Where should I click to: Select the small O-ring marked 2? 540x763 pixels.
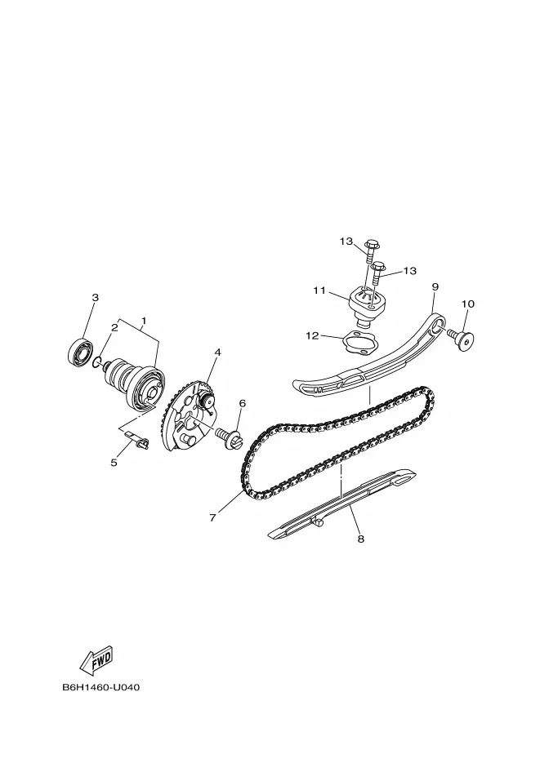(x=96, y=362)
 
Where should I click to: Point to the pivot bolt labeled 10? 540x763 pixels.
(x=461, y=339)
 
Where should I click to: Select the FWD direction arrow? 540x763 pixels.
(x=96, y=659)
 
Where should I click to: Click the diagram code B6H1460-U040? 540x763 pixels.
(x=100, y=688)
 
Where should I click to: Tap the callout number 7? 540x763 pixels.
(x=212, y=518)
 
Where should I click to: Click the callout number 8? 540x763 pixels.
(x=360, y=539)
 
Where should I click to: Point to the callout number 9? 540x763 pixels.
(x=435, y=286)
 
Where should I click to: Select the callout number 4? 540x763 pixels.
(x=217, y=352)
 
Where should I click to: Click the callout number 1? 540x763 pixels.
(x=144, y=321)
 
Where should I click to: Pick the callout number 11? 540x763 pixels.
(x=319, y=291)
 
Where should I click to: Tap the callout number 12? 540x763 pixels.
(x=312, y=335)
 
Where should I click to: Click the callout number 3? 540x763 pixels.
(x=96, y=297)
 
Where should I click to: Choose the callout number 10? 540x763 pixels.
(x=467, y=304)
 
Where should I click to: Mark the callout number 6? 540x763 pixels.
(x=242, y=403)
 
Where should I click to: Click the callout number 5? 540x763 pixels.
(x=114, y=462)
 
